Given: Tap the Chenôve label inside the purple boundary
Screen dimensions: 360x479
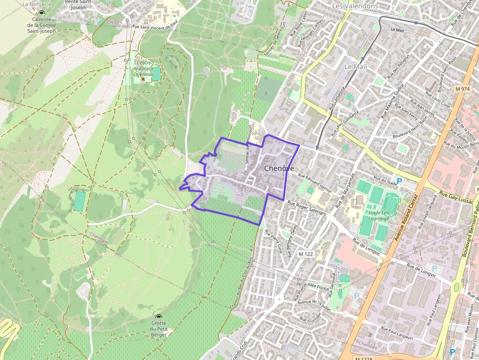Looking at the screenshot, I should coord(279,169).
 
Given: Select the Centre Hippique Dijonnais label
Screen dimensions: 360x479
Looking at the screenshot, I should coord(145,69).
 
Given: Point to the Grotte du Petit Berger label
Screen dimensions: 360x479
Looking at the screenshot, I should coord(159,329).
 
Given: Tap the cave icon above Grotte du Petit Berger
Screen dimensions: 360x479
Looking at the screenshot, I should coord(158,317).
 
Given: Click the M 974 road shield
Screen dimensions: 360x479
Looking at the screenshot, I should coord(461,89).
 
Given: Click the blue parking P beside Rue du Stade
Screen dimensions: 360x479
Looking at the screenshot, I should coord(399,181).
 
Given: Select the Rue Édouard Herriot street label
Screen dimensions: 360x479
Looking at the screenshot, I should coord(314,182).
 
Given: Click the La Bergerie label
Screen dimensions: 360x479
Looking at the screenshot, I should coord(37,3).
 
